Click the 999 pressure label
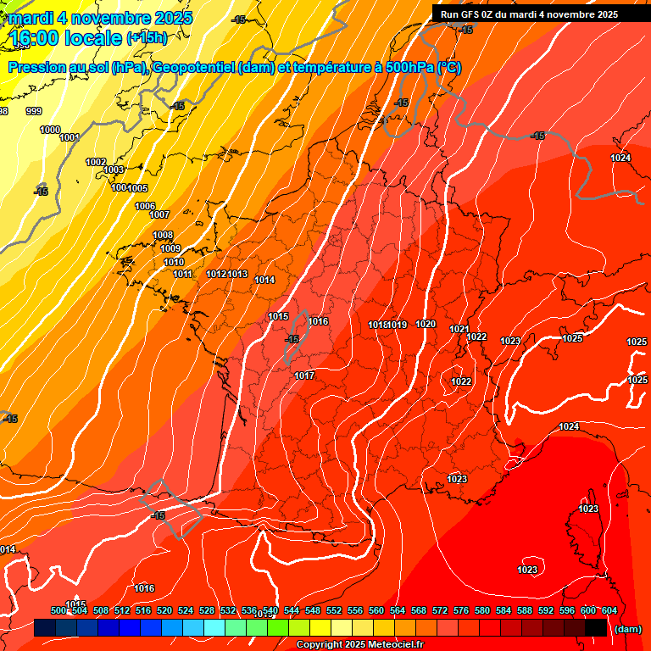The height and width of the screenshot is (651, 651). pyautogui.click(x=34, y=111)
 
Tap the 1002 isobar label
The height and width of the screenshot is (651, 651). pyautogui.click(x=96, y=162)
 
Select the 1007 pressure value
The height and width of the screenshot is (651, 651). pyautogui.click(x=159, y=214)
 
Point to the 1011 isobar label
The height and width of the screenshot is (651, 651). pyautogui.click(x=183, y=274)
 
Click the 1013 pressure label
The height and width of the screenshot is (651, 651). pyautogui.click(x=237, y=274)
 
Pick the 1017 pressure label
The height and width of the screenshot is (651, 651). pyautogui.click(x=304, y=376)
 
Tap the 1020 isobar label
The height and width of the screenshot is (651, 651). pyautogui.click(x=426, y=325)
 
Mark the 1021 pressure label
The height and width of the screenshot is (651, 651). pyautogui.click(x=459, y=329)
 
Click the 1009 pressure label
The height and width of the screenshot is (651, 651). pyautogui.click(x=170, y=248)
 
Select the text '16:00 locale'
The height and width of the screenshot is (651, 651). pyautogui.click(x=64, y=38)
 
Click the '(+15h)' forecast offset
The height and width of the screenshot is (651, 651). pyautogui.click(x=147, y=38)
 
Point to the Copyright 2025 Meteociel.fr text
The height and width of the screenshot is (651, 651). pyautogui.click(x=359, y=645)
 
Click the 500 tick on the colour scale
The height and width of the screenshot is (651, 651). pyautogui.click(x=58, y=610)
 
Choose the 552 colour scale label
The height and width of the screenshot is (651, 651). pyautogui.click(x=334, y=610)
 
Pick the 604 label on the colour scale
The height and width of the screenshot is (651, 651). pyautogui.click(x=609, y=610)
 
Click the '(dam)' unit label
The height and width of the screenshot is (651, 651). pyautogui.click(x=627, y=629)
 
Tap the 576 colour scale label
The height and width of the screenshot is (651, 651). pyautogui.click(x=461, y=610)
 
